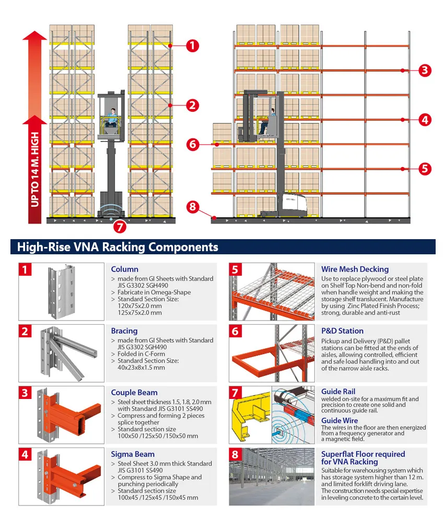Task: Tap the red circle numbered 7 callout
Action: pyautogui.click(x=120, y=226)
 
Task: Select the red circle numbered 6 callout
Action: pyautogui.click(x=193, y=144)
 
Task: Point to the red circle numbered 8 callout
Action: pyautogui.click(x=193, y=207)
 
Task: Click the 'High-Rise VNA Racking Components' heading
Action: pyautogui.click(x=118, y=247)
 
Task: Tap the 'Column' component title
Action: pyautogui.click(x=124, y=269)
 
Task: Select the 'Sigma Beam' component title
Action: pyautogui.click(x=133, y=454)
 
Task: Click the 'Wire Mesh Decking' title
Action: pyautogui.click(x=355, y=269)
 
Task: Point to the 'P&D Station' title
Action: pyautogui.click(x=342, y=331)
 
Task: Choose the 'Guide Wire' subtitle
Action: pyautogui.click(x=340, y=420)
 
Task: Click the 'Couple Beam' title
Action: pyautogui.click(x=134, y=393)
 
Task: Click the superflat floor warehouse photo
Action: pyautogui.click(x=271, y=476)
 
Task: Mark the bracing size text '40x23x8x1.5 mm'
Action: pyautogui.click(x=141, y=368)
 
